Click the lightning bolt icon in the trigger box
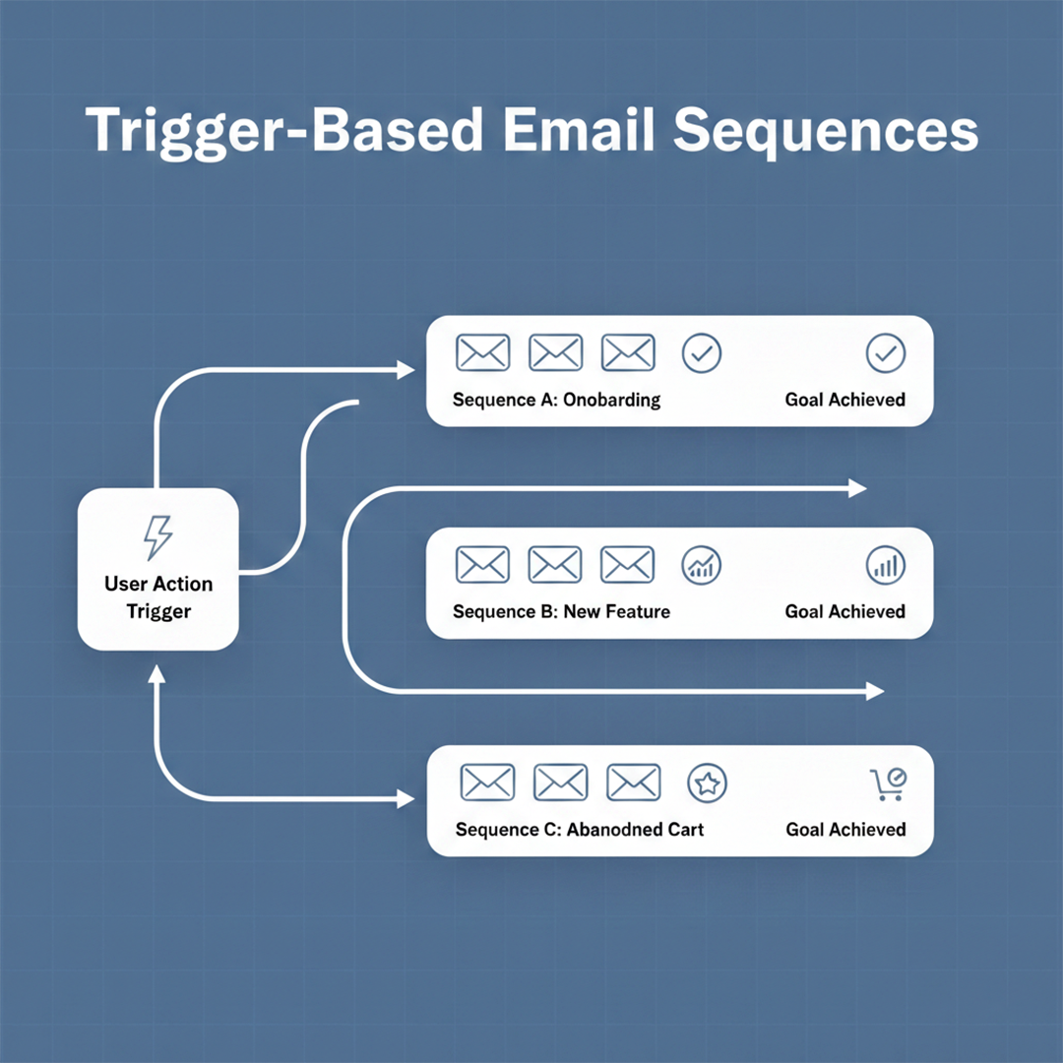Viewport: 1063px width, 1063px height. [x=157, y=537]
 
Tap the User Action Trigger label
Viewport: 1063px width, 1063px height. [x=157, y=597]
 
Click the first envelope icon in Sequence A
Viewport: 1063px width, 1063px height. [x=482, y=352]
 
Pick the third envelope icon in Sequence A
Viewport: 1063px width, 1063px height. [x=628, y=352]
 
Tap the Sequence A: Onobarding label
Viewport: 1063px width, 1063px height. [x=556, y=401]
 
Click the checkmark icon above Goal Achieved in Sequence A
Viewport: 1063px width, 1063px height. [x=885, y=352]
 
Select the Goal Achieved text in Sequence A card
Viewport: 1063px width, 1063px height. [x=844, y=401]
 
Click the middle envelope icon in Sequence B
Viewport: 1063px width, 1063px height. [x=555, y=564]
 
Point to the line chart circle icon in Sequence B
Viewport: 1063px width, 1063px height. [x=701, y=564]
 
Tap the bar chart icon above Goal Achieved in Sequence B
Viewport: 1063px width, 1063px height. [x=885, y=564]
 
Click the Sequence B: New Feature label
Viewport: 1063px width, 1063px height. [x=561, y=612]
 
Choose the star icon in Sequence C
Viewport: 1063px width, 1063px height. [x=707, y=782]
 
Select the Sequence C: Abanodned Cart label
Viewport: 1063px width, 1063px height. [x=580, y=830]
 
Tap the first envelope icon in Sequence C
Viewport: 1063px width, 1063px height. [x=487, y=782]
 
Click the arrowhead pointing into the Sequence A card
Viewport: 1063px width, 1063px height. [x=406, y=369]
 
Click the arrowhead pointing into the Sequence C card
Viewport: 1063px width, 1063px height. [x=406, y=799]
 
